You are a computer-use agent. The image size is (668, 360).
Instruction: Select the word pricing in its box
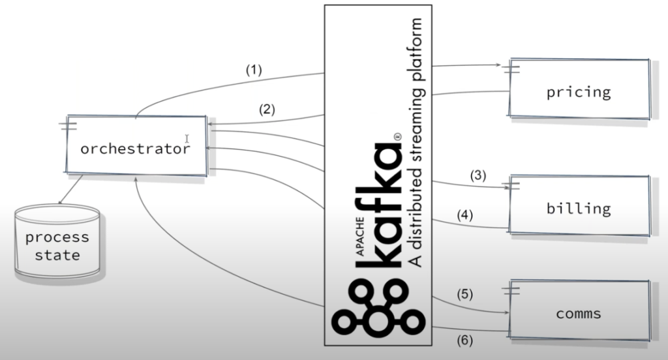tap(579, 92)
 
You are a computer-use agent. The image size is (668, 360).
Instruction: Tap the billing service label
tap(579, 209)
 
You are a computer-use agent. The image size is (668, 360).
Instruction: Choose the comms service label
tap(579, 314)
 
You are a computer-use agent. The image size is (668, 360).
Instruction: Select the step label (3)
tap(478, 175)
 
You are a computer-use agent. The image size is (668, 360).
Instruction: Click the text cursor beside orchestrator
tap(187, 138)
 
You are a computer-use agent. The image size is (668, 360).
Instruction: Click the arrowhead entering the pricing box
tap(499, 65)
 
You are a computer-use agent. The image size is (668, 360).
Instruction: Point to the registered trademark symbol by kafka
tap(396, 136)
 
